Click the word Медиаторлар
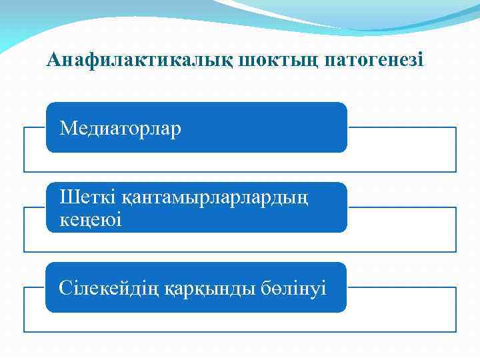pyautogui.click(x=121, y=128)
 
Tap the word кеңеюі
pyautogui.click(x=91, y=219)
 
